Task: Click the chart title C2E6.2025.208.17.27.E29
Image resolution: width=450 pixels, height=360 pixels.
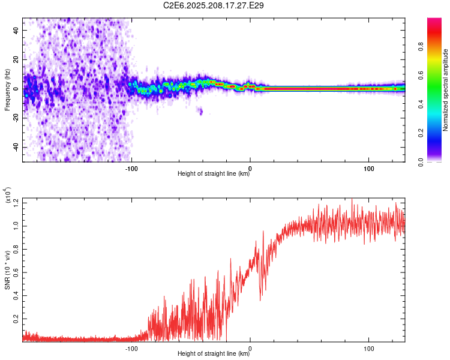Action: [x=213, y=5]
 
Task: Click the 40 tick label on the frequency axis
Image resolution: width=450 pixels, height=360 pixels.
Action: [x=16, y=30]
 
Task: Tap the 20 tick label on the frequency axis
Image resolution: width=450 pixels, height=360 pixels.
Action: [x=16, y=59]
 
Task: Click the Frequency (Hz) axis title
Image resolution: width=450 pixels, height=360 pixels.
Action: [x=7, y=90]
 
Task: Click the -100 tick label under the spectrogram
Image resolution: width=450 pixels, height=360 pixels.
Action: [x=131, y=169]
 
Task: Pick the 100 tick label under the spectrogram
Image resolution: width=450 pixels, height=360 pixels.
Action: [x=369, y=169]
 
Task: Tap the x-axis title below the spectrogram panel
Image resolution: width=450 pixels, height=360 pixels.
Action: [x=214, y=173]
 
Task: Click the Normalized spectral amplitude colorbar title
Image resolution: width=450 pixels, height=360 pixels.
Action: [x=445, y=90]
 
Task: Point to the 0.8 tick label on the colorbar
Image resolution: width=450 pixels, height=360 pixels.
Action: [x=421, y=47]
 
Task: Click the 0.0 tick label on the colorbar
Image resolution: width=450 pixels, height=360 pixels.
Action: [x=421, y=162]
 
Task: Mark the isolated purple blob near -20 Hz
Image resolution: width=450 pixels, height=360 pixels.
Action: [x=200, y=110]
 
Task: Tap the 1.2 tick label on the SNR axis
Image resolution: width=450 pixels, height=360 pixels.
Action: [x=16, y=203]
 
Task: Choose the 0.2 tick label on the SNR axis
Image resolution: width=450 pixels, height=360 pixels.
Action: [x=16, y=319]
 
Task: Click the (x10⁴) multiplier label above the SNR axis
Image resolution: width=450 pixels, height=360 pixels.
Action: [x=8, y=195]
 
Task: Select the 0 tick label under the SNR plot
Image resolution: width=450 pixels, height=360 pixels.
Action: [x=250, y=349]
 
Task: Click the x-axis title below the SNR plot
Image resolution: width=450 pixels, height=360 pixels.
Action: [x=214, y=353]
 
